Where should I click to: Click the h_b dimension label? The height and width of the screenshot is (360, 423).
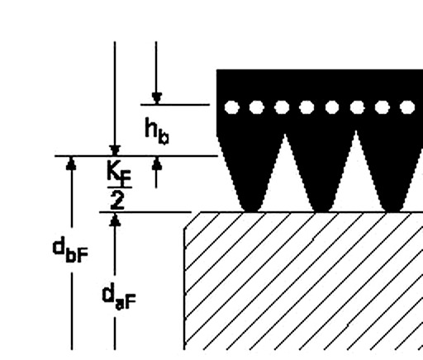pyautogui.click(x=157, y=131)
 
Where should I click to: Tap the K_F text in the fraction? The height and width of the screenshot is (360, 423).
pyautogui.click(x=119, y=173)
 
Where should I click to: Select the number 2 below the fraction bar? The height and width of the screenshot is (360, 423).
pyautogui.click(x=117, y=200)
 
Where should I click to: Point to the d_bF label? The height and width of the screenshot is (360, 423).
pyautogui.click(x=70, y=250)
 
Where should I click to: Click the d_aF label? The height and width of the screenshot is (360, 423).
pyautogui.click(x=119, y=297)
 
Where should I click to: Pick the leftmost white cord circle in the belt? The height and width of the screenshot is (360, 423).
pyautogui.click(x=231, y=107)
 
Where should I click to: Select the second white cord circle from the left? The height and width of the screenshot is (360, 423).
pyautogui.click(x=256, y=107)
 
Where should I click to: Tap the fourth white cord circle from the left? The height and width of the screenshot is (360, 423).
pyautogui.click(x=307, y=107)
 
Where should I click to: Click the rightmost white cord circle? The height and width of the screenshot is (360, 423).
pyautogui.click(x=407, y=107)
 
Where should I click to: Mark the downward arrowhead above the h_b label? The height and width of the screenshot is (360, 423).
pyautogui.click(x=156, y=98)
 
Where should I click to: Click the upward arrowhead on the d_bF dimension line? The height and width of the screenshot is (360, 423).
pyautogui.click(x=72, y=163)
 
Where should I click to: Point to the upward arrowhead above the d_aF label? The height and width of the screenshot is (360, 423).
pyautogui.click(x=115, y=220)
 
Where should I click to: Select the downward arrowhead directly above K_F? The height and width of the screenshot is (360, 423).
pyautogui.click(x=115, y=150)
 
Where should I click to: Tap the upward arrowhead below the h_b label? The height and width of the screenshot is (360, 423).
pyautogui.click(x=156, y=163)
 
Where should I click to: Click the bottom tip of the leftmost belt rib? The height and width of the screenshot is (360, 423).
pyautogui.click(x=250, y=211)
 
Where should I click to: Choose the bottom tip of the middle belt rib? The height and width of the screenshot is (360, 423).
pyautogui.click(x=321, y=211)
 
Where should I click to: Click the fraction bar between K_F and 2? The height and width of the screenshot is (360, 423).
pyautogui.click(x=120, y=187)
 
